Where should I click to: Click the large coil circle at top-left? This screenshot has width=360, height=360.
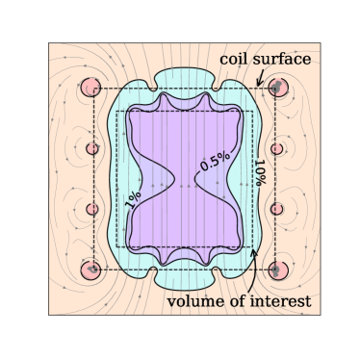coord(92,87)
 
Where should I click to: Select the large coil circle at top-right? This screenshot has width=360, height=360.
coord(278,87)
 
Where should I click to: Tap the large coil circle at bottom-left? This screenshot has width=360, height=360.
coord(92,270)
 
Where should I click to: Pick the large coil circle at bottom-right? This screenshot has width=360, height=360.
coord(278,270)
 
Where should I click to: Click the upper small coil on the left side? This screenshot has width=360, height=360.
coord(92,148)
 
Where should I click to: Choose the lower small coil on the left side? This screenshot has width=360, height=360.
coord(92,209)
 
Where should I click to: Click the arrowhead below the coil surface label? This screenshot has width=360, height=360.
coord(259,84)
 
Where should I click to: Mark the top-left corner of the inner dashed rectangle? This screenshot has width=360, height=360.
coord(116,111)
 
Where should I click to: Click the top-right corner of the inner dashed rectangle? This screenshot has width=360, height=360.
coord(254,111)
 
